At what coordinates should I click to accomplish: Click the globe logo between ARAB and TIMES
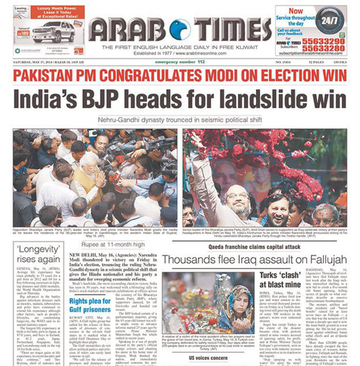180,30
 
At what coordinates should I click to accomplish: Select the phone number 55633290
323,42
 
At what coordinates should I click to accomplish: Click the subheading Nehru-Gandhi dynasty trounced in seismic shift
180,120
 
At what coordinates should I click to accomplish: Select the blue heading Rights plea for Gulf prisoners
90,305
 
